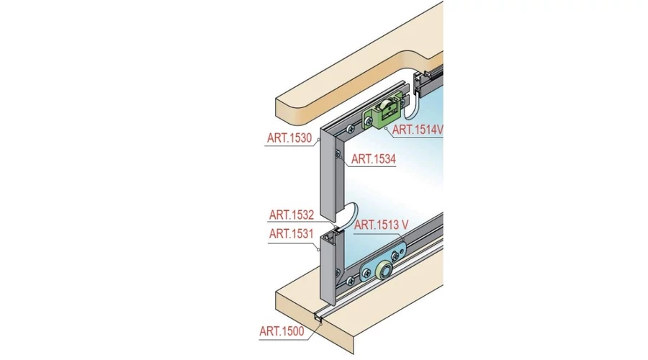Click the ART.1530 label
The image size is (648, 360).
pyautogui.click(x=289, y=138)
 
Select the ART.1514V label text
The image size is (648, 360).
pyautogui.click(x=418, y=130)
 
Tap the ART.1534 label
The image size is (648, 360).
pyautogui.click(x=374, y=158)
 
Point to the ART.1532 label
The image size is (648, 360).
pyautogui.click(x=292, y=215)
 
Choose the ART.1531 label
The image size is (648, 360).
pyautogui.click(x=292, y=234)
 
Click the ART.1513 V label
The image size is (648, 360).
pyautogui.click(x=381, y=225)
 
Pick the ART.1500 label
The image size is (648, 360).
pyautogui.click(x=282, y=331)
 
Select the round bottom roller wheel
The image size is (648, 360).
pyautogui.click(x=384, y=271)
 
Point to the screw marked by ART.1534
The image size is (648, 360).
pyautogui.click(x=338, y=155)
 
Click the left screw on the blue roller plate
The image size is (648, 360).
pyautogui.click(x=366, y=273)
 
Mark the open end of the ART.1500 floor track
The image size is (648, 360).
pyautogui.click(x=319, y=319)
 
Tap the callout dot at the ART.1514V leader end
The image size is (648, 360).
pyautogui.click(x=386, y=129)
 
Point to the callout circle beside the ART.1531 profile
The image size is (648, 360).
pyautogui.click(x=318, y=249)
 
